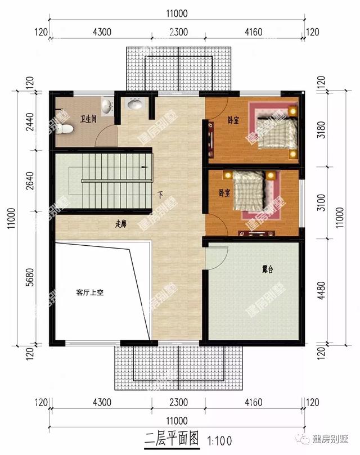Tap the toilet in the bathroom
(65, 129)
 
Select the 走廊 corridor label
(120, 223)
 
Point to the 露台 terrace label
(267, 269)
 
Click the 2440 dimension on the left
(28, 121)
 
